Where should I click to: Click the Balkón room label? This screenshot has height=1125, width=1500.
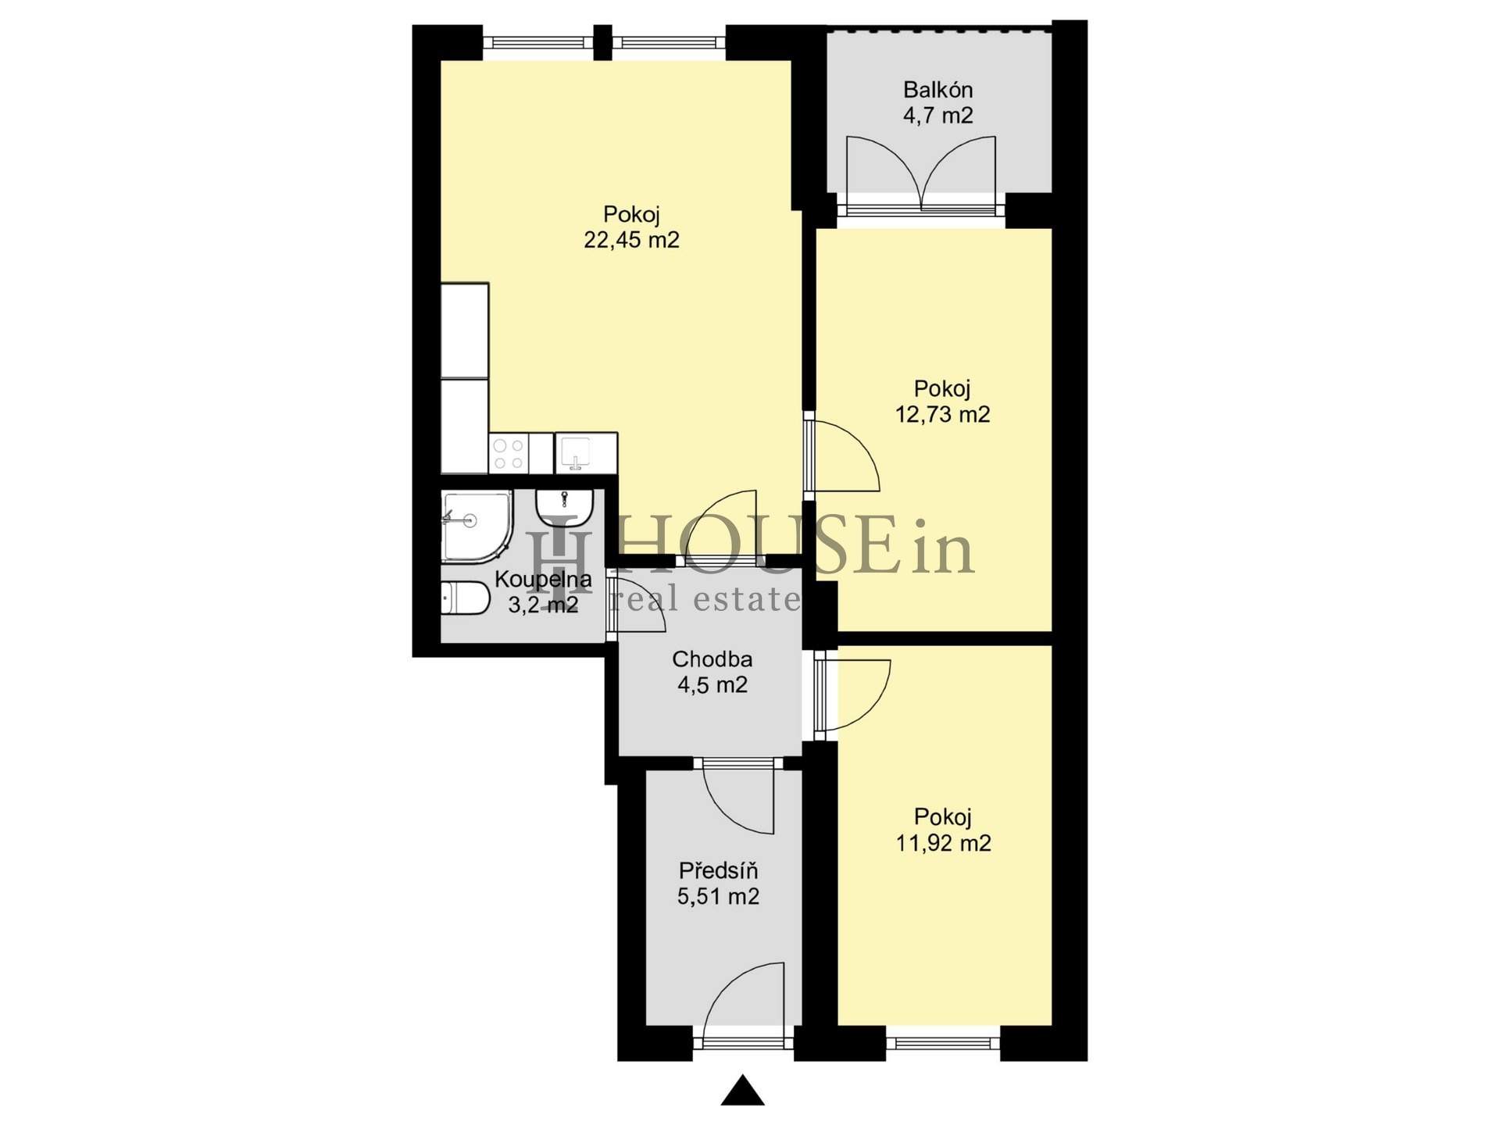click(x=937, y=90)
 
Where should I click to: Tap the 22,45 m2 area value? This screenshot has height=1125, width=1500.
click(x=631, y=240)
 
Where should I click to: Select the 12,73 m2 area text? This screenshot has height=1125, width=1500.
click(x=942, y=414)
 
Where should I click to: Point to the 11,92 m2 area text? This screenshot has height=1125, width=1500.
click(x=943, y=843)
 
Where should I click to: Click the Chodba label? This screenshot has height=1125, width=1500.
click(x=712, y=659)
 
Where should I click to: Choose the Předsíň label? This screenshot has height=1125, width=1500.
click(x=718, y=870)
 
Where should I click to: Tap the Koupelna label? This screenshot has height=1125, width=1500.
click(x=543, y=580)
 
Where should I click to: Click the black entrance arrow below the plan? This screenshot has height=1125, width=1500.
click(x=742, y=1091)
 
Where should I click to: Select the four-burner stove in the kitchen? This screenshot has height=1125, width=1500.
click(x=509, y=453)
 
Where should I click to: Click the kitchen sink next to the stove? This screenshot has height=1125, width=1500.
click(x=576, y=453)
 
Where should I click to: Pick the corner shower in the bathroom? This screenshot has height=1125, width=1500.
click(x=477, y=526)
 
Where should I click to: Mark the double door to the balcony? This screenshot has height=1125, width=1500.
click(x=921, y=173)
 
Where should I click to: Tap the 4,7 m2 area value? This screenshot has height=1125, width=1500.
click(x=938, y=116)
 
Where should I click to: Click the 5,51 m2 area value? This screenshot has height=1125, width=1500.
click(x=718, y=896)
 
